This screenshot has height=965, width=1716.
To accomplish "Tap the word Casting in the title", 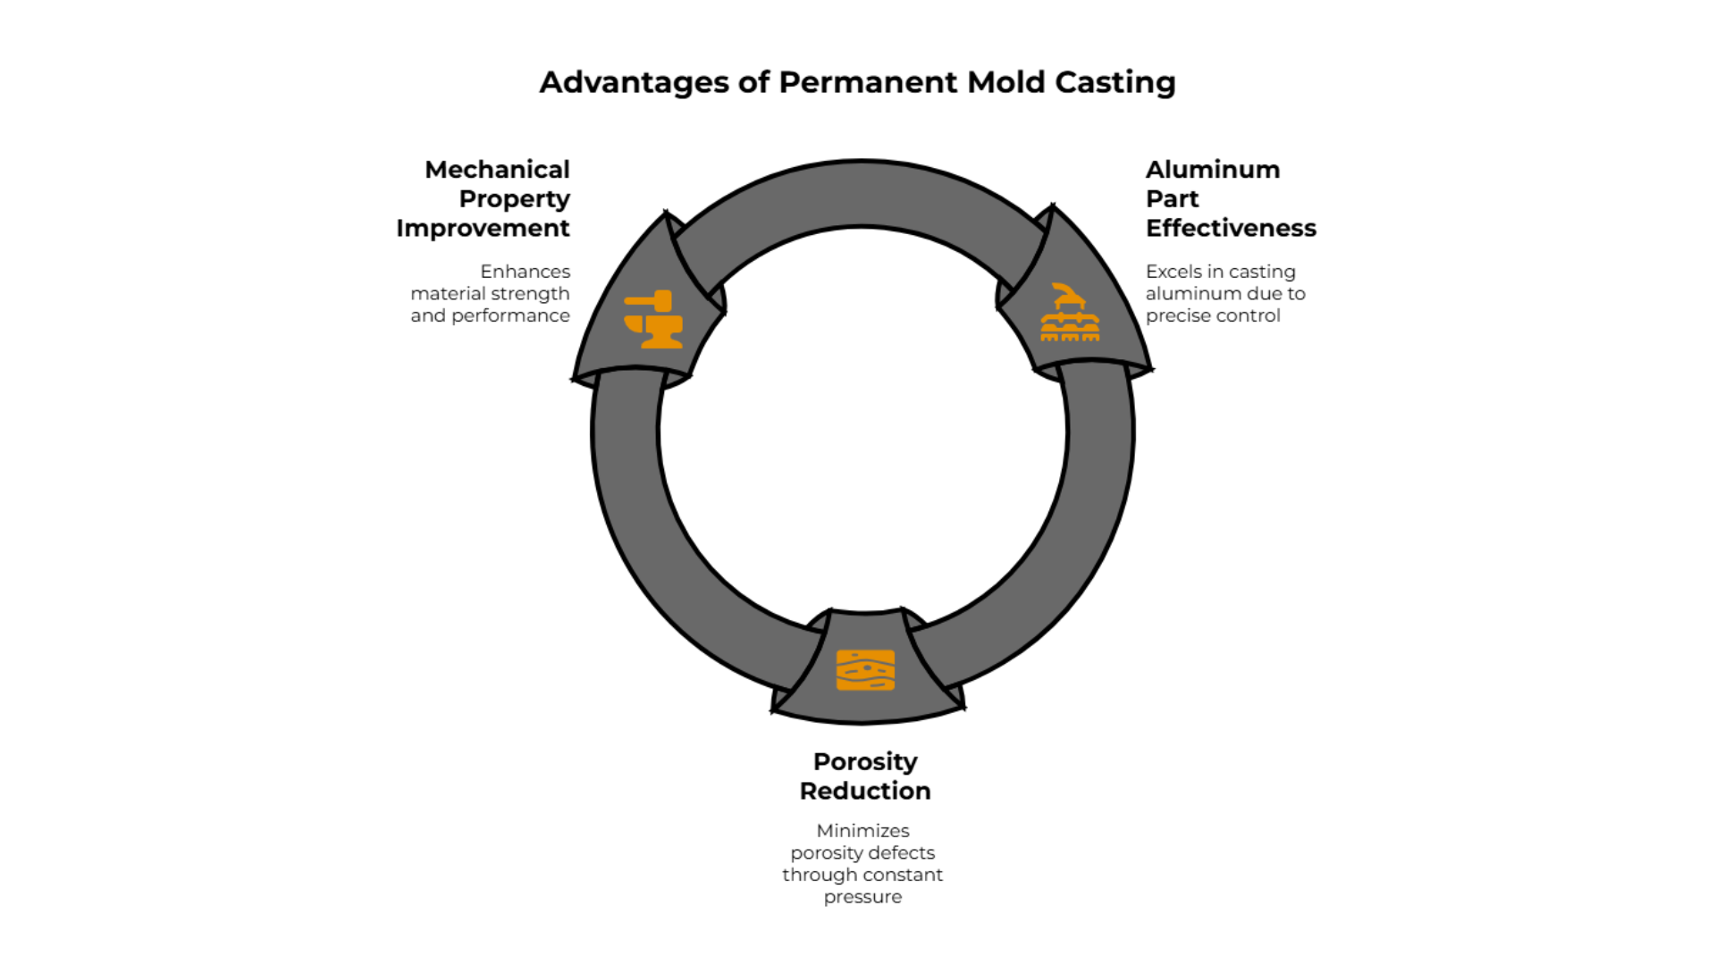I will [1115, 82].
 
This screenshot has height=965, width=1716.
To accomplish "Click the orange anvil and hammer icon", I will [653, 319].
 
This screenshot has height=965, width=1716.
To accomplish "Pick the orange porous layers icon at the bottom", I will [865, 670].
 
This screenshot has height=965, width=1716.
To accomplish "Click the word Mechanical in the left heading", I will [497, 170].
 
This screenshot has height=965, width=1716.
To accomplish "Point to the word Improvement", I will [483, 229].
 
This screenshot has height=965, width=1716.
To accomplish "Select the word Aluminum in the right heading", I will [1212, 170].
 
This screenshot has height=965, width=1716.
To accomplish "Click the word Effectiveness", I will [1231, 229].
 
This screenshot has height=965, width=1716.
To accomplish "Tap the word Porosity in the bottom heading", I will [864, 761].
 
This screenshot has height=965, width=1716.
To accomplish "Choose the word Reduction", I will [864, 791].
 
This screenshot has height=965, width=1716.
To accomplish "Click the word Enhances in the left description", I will [525, 272].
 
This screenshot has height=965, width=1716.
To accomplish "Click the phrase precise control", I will [1212, 316].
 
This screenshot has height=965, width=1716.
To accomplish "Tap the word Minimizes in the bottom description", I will [862, 831].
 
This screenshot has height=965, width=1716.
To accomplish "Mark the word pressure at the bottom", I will [862, 897].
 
